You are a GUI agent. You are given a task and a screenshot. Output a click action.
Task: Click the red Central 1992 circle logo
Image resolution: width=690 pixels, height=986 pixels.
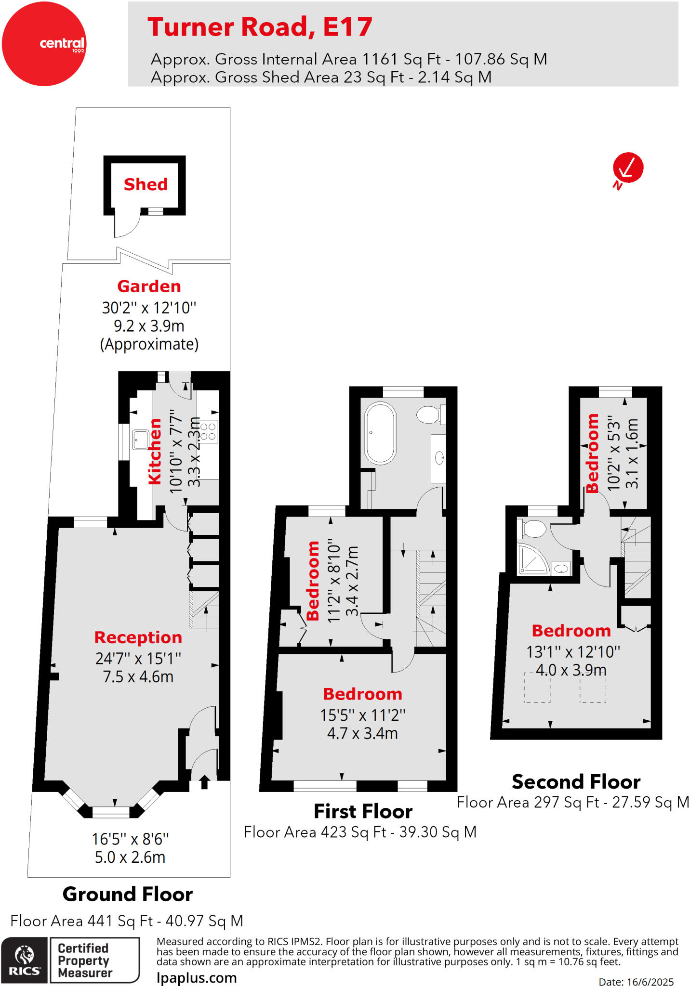[44, 44]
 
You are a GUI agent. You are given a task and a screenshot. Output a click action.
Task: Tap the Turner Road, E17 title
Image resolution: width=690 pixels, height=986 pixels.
[260, 27]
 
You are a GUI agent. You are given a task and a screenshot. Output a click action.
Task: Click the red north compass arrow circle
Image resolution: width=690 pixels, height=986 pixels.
[628, 168]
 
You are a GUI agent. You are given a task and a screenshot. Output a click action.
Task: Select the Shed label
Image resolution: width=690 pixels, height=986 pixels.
[146, 184]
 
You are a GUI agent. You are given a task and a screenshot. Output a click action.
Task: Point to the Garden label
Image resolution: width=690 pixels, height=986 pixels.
[149, 286]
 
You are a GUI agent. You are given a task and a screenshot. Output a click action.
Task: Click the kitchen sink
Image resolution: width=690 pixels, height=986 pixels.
[140, 440]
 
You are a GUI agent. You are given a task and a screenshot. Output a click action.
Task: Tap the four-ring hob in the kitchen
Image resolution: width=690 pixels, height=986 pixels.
[208, 431]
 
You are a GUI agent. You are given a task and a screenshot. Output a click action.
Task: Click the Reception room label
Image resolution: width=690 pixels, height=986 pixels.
[138, 637]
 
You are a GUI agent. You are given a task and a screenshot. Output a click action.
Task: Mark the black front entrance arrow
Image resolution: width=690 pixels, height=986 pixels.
[204, 782]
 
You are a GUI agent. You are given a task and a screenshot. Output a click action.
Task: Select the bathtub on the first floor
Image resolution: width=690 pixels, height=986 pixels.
[381, 433]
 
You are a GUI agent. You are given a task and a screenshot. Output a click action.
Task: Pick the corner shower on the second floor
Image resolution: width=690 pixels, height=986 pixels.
[532, 559]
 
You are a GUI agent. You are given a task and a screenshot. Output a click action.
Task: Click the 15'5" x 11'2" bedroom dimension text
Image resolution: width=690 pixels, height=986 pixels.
[362, 715]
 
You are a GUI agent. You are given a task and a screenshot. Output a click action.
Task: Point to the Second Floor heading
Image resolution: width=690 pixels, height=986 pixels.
[576, 782]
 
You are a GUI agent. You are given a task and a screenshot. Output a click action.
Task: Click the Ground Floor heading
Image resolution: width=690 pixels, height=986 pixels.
[128, 895]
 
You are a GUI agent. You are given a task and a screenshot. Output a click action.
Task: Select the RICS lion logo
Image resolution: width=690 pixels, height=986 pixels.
[24, 960]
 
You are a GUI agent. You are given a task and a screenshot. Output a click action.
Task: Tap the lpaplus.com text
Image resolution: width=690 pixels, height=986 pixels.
[197, 978]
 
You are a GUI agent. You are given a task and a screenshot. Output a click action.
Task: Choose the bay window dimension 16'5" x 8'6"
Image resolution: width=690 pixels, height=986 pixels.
[130, 839]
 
